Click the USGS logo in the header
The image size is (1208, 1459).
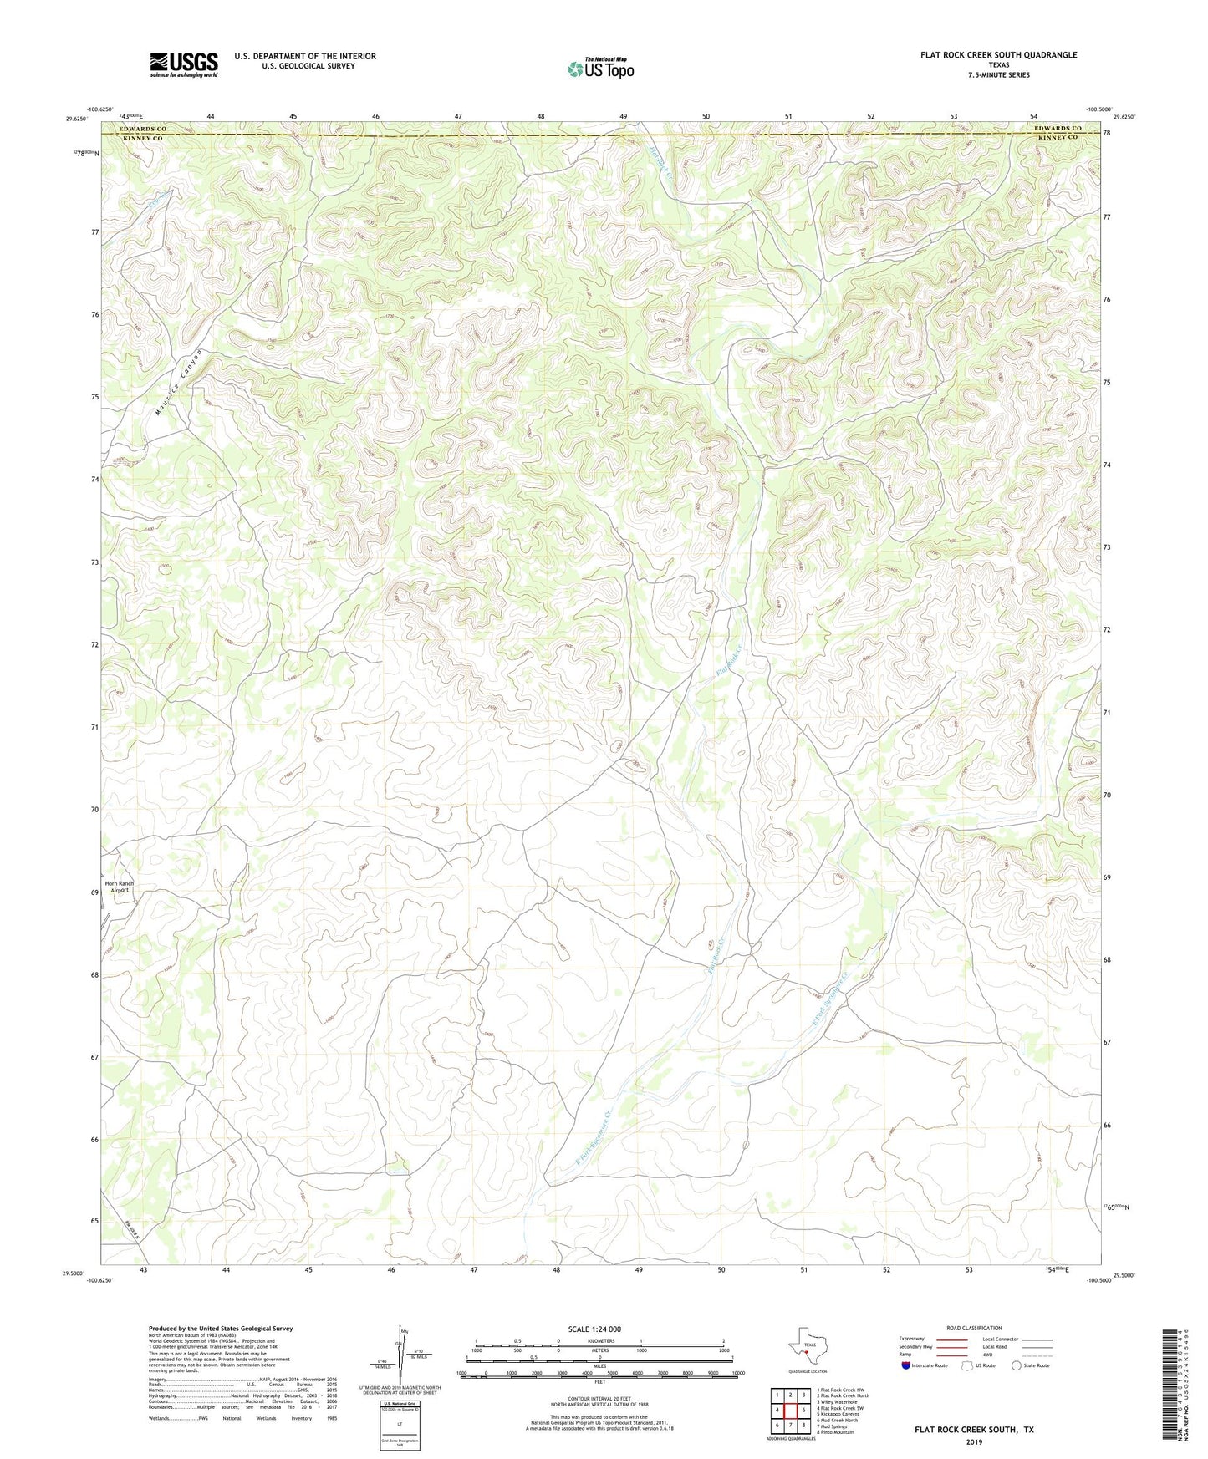tap(184, 64)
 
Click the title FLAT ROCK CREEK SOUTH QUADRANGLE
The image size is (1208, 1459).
tap(998, 55)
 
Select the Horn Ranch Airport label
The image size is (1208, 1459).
tap(119, 887)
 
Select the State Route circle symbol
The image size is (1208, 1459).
tap(1017, 1365)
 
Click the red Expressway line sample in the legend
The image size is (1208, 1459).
tap(939, 1339)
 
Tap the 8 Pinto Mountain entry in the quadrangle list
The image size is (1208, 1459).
tap(836, 1432)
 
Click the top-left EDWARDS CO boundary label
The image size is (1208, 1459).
tap(144, 128)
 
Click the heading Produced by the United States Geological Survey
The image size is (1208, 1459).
tap(220, 1328)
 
